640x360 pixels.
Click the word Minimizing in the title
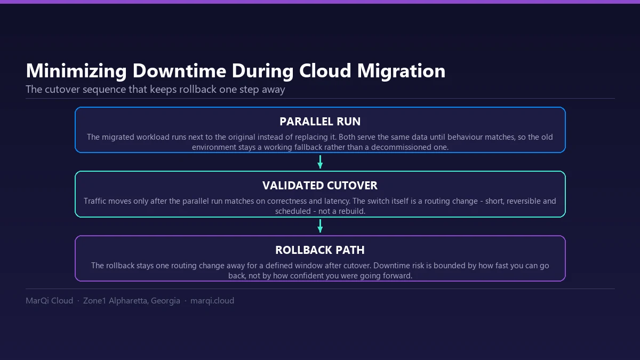(76, 71)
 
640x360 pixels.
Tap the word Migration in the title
(401, 70)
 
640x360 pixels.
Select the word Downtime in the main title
(179, 70)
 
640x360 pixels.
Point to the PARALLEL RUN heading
(320, 122)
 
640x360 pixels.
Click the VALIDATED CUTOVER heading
(320, 186)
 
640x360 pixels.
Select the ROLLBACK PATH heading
(320, 250)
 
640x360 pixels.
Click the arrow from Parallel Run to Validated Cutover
(320, 162)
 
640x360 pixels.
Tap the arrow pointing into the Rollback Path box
(320, 226)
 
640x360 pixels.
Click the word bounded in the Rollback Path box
(449, 266)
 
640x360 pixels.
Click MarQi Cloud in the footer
(49, 301)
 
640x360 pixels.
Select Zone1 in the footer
(94, 301)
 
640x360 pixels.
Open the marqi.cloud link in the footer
(212, 301)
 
